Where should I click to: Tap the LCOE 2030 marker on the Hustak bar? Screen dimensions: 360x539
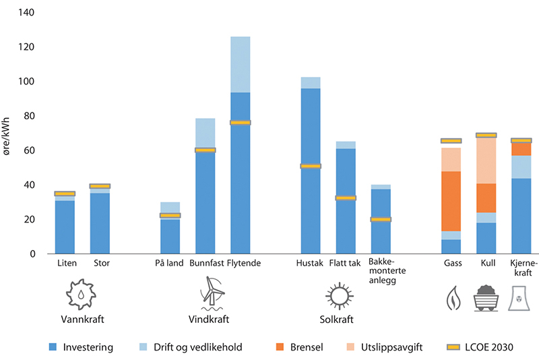[311, 166]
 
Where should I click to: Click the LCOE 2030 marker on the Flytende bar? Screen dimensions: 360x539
[241, 123]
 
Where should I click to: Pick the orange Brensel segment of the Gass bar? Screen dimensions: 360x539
[451, 201]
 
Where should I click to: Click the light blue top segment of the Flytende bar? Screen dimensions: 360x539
[241, 65]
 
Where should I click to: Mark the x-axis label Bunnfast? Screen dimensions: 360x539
[205, 263]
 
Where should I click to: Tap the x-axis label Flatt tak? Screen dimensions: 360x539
[346, 263]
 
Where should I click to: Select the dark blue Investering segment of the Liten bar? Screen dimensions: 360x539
[65, 227]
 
